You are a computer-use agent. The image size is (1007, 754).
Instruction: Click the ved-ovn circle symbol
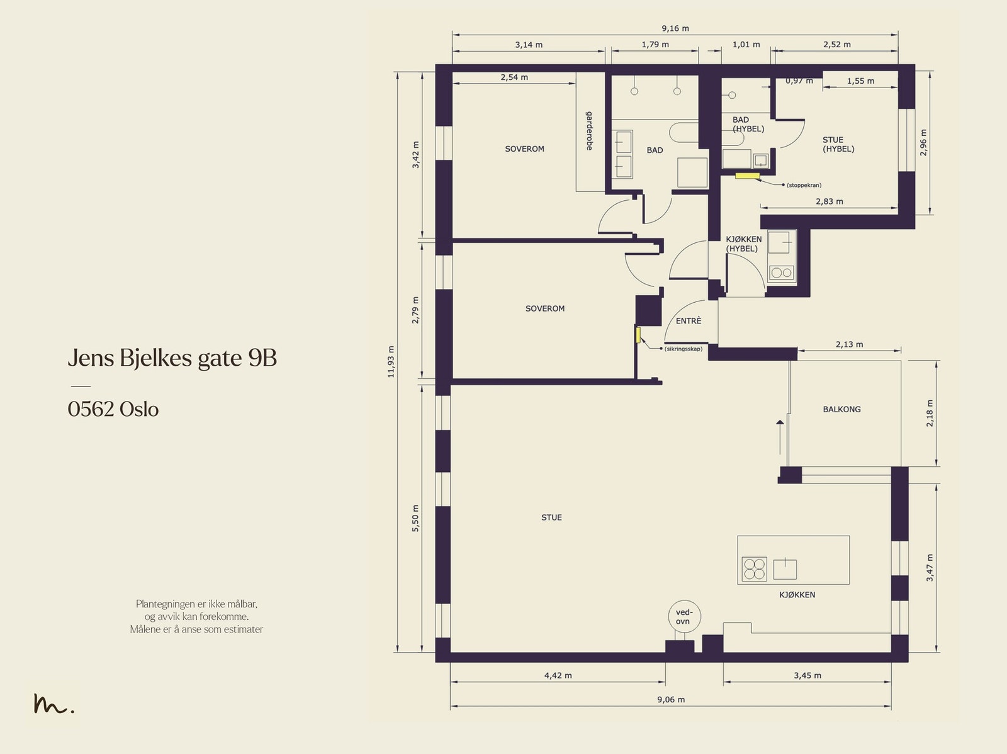684,617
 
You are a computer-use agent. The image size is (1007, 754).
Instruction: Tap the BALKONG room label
841,409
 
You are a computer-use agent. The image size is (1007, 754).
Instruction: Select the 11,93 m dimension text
391,361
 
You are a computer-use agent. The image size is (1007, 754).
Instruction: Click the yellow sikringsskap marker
638,335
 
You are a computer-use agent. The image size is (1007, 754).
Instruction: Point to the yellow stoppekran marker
747,176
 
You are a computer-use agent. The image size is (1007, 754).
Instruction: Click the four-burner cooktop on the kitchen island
754,569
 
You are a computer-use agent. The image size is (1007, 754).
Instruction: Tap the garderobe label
589,131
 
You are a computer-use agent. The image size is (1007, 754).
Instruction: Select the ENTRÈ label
688,321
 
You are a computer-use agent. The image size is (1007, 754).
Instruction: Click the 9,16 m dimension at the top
675,28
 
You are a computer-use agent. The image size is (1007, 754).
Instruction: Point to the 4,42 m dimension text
558,675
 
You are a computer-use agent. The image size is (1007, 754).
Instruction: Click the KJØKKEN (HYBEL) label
743,244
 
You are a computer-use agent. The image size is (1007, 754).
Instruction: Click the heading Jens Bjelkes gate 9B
172,358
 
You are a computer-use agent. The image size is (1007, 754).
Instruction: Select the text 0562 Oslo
113,409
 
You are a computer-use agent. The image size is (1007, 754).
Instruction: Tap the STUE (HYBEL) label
838,144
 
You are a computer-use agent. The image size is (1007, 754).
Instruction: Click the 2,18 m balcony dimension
930,414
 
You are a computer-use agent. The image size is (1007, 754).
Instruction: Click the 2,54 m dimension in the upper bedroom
514,77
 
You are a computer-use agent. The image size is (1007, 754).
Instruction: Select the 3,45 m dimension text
807,675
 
